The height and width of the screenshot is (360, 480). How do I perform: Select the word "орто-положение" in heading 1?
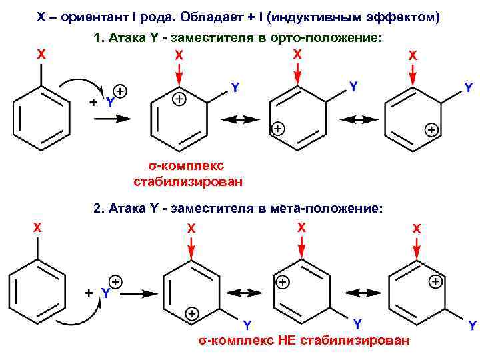329,39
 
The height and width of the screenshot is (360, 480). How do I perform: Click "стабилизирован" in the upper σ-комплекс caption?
188,181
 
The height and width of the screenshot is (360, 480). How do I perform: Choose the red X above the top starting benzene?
41,55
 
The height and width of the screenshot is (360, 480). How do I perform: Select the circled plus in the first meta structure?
191,313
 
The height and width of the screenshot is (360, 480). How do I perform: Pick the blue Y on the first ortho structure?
235,87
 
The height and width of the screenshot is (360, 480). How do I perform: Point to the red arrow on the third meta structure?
416,248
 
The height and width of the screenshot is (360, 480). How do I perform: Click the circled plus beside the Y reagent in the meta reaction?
115,282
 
